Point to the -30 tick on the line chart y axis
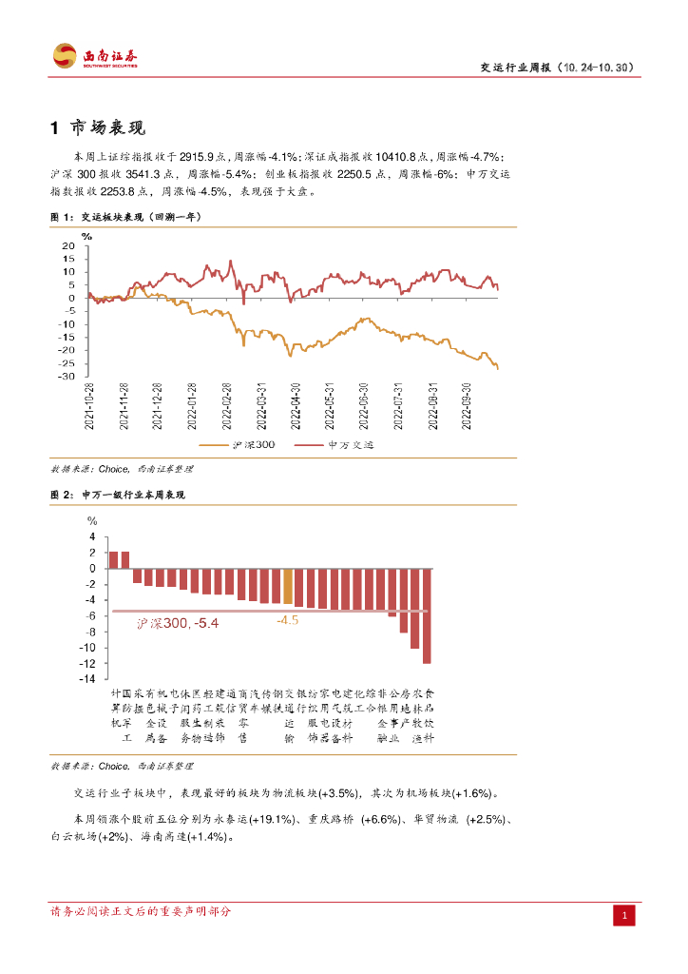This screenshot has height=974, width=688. coord(67,377)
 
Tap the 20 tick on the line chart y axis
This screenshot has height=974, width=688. coord(67,245)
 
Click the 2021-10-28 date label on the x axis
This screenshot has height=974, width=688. coord(89,407)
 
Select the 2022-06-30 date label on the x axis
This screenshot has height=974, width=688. coord(364,407)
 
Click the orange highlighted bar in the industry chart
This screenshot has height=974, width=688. coord(288,586)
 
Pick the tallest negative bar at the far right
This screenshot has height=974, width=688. coord(427,615)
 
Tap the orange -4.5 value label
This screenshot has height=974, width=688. coord(287,621)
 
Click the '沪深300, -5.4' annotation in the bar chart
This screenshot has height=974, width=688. coord(178,623)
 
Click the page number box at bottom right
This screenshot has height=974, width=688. coord(624,915)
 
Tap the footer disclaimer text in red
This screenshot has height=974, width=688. coord(140,911)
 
